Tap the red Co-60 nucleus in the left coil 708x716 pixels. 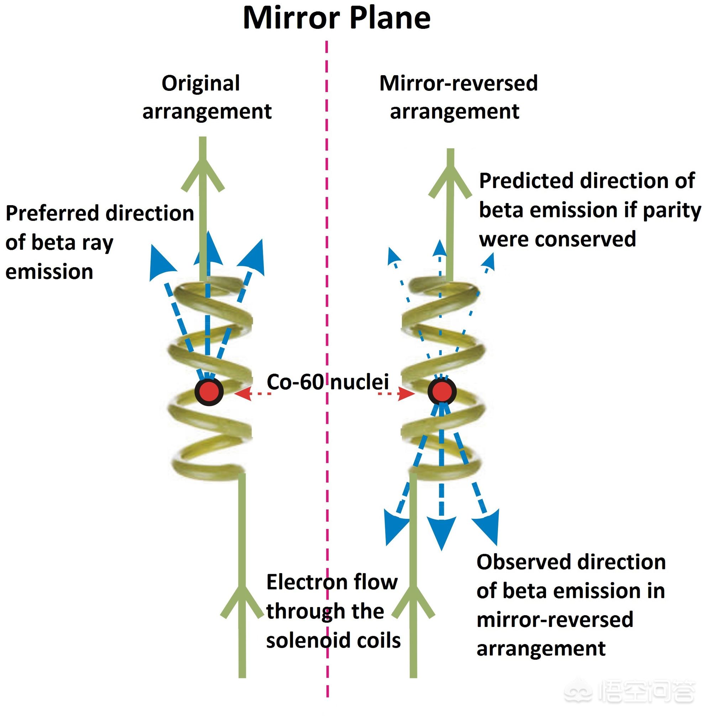point(209,391)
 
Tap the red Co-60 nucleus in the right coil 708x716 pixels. point(441,391)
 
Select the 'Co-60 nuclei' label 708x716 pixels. point(328,382)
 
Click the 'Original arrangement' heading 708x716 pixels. point(206,97)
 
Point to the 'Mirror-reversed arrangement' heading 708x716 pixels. point(458,97)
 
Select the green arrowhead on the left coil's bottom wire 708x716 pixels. point(242,600)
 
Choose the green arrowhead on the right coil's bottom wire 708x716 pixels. point(413,600)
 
